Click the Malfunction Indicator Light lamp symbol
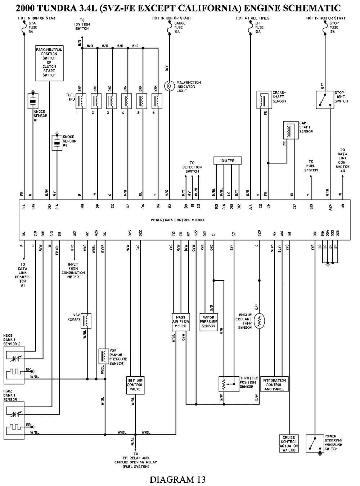click(x=169, y=86)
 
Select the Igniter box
click(x=227, y=160)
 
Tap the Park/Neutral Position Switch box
click(x=49, y=63)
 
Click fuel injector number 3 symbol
click(x=112, y=101)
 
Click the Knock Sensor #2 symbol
click(x=57, y=142)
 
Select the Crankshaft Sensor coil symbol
click(x=264, y=100)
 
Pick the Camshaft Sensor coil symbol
click(x=291, y=130)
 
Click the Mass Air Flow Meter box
click(x=180, y=322)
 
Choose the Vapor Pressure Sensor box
click(x=208, y=322)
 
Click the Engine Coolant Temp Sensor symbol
click(x=259, y=321)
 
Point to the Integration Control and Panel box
click(x=274, y=385)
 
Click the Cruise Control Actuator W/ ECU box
click(x=289, y=444)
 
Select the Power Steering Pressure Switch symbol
click(x=314, y=443)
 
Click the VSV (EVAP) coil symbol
click(x=87, y=321)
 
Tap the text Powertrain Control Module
click(x=178, y=220)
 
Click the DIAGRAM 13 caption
click(x=177, y=479)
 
